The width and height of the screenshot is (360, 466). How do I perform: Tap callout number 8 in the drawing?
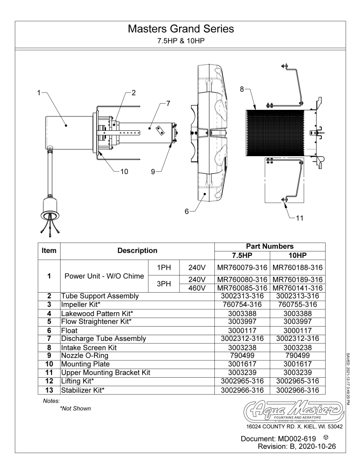[x=242, y=88]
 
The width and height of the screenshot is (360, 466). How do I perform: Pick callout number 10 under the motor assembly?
[x=124, y=172]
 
